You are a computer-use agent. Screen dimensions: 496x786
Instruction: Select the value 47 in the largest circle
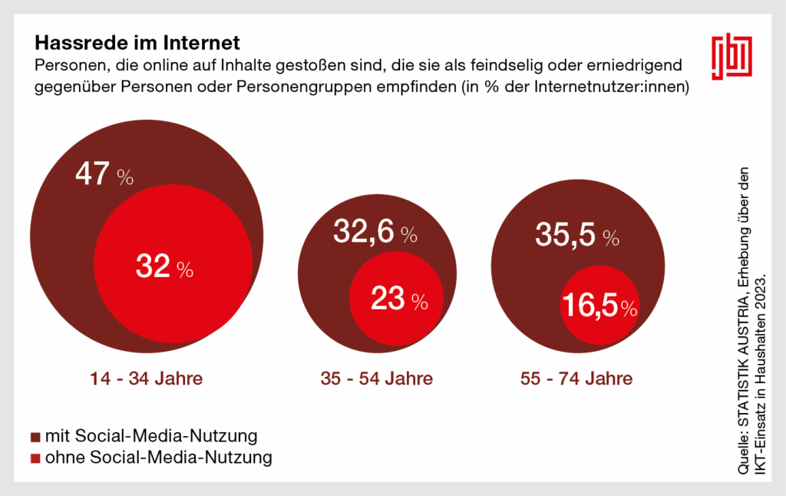(x=92, y=175)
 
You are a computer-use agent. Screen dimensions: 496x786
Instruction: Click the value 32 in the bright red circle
(x=153, y=267)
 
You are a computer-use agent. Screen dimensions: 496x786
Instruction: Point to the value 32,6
(x=362, y=230)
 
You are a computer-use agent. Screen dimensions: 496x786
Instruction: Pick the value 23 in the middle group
(x=388, y=300)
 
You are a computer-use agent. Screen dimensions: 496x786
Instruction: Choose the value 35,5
(x=563, y=236)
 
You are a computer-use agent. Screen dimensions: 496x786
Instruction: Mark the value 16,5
(x=590, y=306)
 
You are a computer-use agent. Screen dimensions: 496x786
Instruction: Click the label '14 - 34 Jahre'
(x=146, y=379)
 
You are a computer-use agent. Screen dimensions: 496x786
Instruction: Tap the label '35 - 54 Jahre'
(x=376, y=379)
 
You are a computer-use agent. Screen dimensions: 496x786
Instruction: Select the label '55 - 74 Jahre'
(x=575, y=379)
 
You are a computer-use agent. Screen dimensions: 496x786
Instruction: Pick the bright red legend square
(x=35, y=459)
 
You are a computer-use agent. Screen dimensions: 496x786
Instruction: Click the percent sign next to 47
(x=125, y=179)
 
